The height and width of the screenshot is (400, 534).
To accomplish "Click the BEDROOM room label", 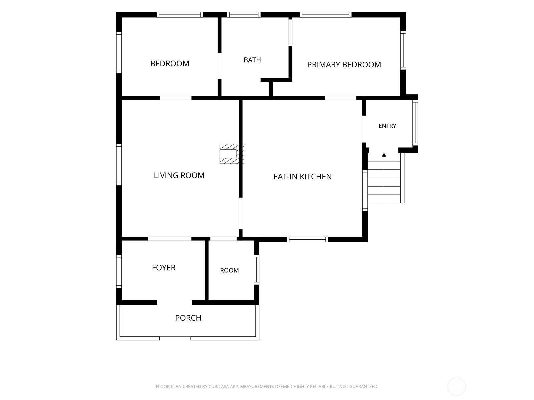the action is coord(169,63).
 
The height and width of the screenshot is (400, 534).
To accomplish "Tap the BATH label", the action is coord(252,60).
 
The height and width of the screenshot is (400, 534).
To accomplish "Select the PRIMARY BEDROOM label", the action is coord(344,65).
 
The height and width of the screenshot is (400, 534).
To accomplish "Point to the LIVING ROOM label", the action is coord(179,175).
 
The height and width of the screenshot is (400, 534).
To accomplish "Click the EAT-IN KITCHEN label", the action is coord(302,177).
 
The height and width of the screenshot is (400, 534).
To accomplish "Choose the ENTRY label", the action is coord(387,126).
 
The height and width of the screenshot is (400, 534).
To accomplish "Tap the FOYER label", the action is coord(163,268).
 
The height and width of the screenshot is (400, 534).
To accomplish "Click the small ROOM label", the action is coord(229,270).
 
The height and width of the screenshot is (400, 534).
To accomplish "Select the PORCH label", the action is coord(188,318).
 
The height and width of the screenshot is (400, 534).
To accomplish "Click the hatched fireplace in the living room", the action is coord(232,154).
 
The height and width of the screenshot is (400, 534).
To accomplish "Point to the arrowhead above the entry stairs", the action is coord(384,155).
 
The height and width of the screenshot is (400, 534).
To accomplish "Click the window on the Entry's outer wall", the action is coord(415,123).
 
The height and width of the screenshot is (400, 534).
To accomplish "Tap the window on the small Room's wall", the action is coord(256,269).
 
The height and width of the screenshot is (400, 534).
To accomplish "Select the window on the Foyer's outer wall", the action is coord(119,271).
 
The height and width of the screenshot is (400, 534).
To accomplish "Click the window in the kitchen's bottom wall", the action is coord(307,239).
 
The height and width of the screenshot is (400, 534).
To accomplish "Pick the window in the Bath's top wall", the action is coord(244,15).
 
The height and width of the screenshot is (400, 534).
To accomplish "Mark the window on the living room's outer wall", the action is coord(119,165).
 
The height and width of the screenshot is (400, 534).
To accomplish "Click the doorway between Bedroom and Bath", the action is coord(219,66).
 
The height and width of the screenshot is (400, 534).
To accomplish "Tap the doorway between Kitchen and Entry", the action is coord(364,129).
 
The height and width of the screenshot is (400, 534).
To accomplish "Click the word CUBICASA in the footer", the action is coord(217,386).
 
